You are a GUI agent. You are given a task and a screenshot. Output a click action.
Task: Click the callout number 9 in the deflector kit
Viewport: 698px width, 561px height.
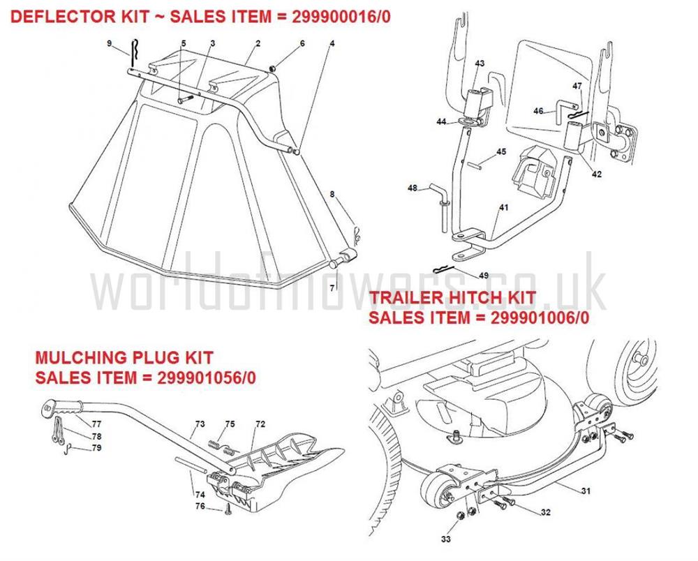click(x=110, y=43)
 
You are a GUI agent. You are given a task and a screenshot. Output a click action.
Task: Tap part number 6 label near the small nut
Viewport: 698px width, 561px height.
click(x=302, y=43)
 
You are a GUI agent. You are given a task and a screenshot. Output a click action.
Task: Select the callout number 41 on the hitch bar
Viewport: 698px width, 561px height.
click(x=503, y=207)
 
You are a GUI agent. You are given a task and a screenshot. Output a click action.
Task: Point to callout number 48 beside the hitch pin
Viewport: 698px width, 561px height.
click(x=413, y=188)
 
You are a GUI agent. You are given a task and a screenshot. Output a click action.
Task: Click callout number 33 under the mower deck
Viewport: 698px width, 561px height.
click(x=445, y=539)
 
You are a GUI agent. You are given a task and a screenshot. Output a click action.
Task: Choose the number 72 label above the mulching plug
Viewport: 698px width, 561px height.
click(x=260, y=424)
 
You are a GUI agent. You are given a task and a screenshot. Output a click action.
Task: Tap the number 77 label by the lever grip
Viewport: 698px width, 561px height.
click(x=96, y=424)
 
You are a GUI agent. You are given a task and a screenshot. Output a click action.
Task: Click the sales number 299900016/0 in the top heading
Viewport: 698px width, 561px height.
click(x=341, y=17)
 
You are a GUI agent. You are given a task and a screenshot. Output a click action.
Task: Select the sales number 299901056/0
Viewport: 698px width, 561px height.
click(x=207, y=377)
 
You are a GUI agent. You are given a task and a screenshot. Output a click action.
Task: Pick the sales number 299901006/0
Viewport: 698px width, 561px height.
click(x=540, y=317)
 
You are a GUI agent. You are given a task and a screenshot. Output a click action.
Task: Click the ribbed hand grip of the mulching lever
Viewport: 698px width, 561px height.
click(x=61, y=408)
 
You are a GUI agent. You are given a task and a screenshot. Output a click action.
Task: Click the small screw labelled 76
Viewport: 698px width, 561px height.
click(x=228, y=509)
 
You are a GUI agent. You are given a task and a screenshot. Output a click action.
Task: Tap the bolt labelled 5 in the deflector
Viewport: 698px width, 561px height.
click(x=186, y=100)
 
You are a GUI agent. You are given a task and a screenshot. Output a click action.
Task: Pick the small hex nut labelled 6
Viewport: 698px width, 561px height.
click(x=272, y=68)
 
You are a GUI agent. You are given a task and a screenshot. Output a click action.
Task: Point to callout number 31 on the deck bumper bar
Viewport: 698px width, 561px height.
click(x=586, y=491)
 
